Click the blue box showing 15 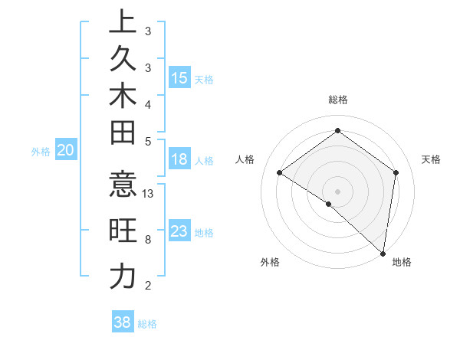click(179, 78)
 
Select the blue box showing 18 click(179, 159)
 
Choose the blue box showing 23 click(179, 231)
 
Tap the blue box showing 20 click(66, 151)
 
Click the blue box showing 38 click(122, 322)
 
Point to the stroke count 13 click(149, 194)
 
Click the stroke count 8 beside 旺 click(148, 240)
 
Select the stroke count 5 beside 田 click(148, 141)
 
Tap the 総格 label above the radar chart click(337, 100)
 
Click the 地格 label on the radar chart click(402, 262)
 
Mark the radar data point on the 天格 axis click(396, 172)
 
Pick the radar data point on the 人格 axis click(280, 172)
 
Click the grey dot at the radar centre click(337, 191)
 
